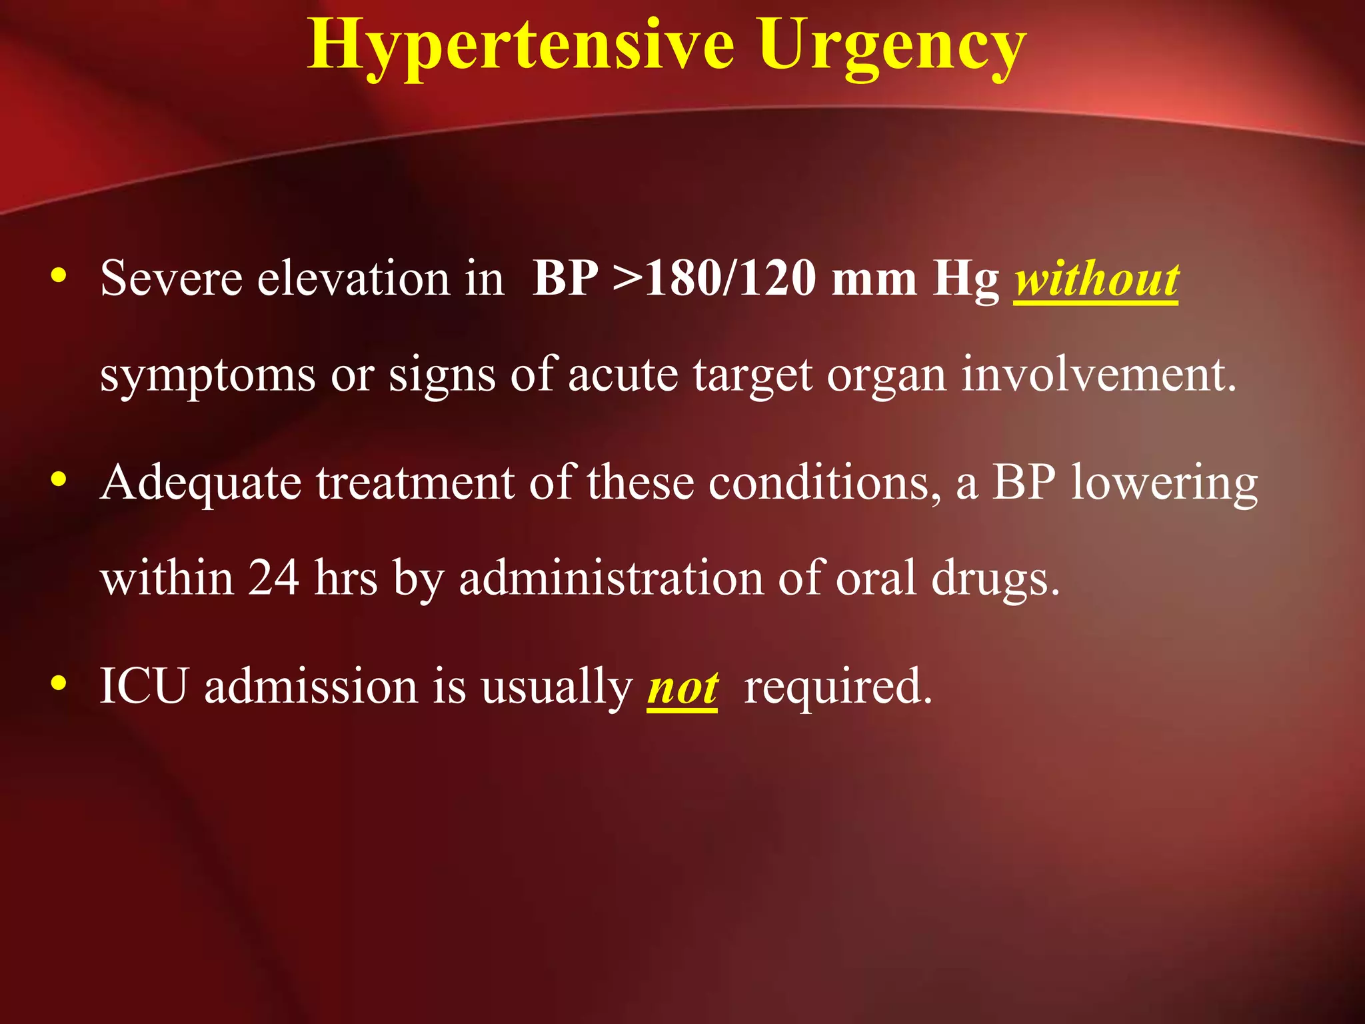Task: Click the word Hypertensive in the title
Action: (521, 45)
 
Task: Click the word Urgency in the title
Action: (892, 45)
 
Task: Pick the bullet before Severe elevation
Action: (59, 275)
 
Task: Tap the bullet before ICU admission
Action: (59, 683)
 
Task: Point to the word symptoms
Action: (207, 376)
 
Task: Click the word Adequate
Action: (201, 483)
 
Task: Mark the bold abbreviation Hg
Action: (966, 279)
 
